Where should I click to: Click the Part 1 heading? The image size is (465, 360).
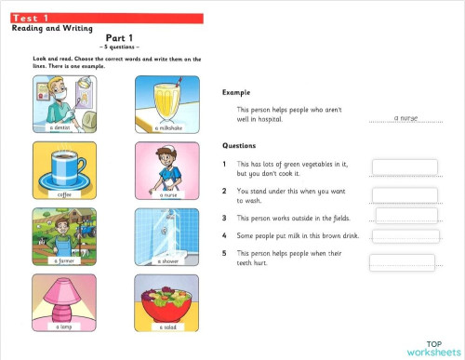coord(119,38)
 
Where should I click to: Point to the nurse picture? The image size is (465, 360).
coord(166,167)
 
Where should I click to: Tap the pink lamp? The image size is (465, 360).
coord(64,298)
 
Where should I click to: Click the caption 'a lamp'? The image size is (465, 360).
coord(64,327)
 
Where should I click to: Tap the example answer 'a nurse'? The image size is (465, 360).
coord(407,118)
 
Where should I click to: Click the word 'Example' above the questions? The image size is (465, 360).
coord(236,92)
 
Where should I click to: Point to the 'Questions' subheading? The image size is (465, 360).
coord(239,146)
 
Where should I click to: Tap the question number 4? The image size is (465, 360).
coord(225,235)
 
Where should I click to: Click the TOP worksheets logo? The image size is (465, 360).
coord(432,348)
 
